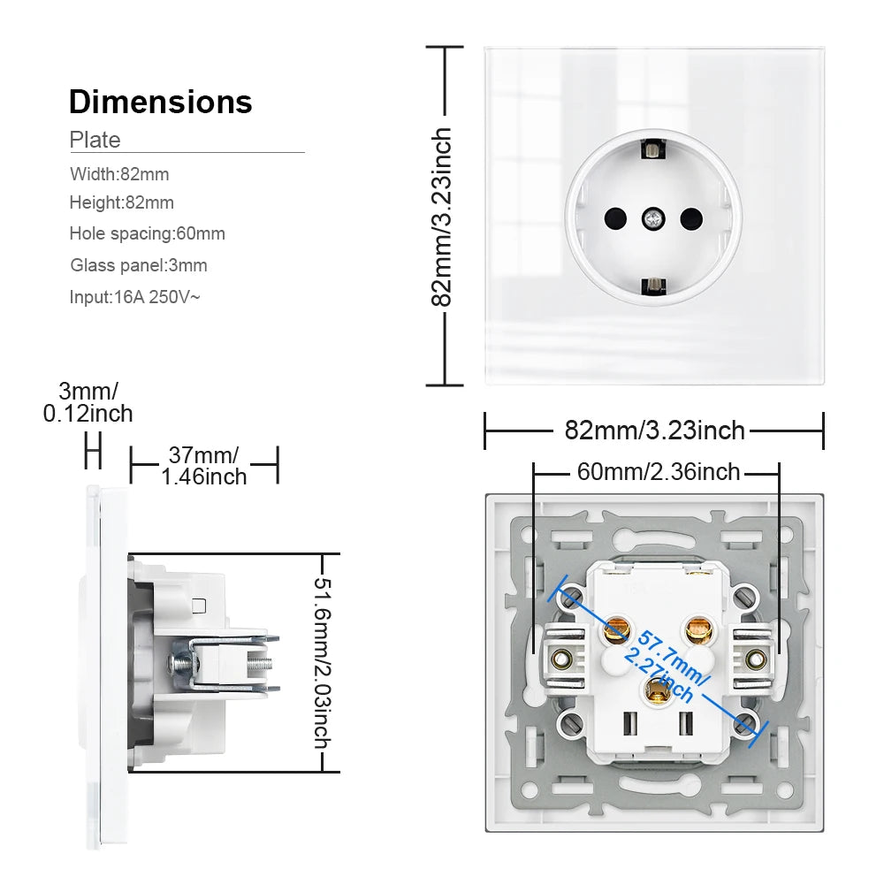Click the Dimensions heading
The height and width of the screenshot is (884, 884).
point(161,103)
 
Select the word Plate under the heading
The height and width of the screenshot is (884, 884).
point(95,140)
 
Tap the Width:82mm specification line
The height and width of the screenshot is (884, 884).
point(119,174)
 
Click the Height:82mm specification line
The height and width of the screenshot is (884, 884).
point(122,203)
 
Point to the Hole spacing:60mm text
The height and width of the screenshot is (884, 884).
point(148,234)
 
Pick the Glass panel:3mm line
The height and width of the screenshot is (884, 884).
point(139,266)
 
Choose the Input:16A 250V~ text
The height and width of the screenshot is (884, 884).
point(135,297)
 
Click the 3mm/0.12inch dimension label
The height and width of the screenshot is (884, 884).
point(88,402)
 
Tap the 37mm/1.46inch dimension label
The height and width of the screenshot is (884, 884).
point(204,466)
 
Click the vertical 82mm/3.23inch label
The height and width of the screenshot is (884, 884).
point(441,217)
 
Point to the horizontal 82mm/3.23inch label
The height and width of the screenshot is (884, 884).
point(654,431)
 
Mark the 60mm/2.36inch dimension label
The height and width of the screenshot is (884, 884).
point(659,472)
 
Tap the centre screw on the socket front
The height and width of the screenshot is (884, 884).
point(653,217)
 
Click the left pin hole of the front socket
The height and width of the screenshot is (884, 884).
point(615,217)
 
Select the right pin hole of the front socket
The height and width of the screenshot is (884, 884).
point(691,217)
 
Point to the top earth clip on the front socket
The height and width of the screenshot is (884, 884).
point(653,150)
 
